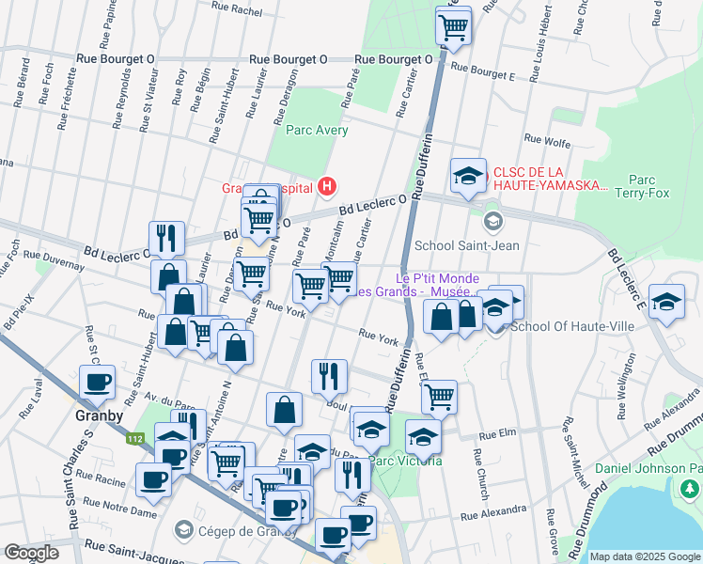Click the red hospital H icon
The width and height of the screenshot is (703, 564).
coord(326,186)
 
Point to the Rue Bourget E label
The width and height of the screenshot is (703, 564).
coord(483,68)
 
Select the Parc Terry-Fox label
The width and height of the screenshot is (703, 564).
coord(642,186)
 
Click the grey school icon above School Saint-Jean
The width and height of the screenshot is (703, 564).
coord(492,223)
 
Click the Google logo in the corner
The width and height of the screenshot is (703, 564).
coord(32,553)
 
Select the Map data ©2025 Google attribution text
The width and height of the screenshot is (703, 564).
coord(644,556)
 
